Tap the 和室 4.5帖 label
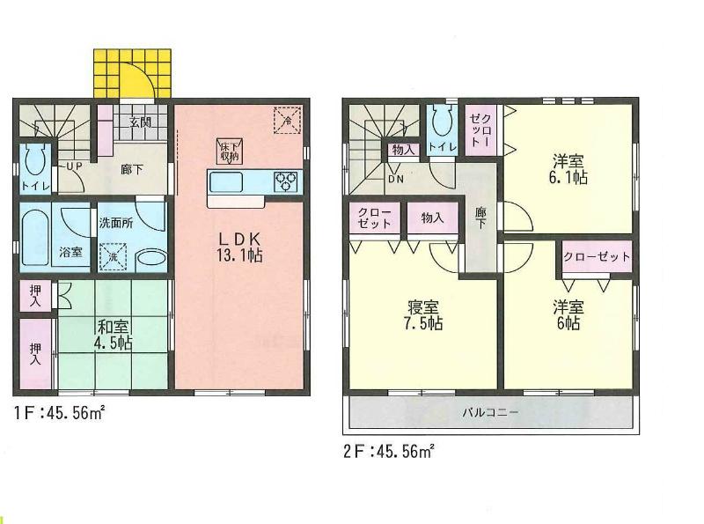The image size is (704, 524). (x=115, y=334)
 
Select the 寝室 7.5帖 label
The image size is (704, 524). (x=423, y=315)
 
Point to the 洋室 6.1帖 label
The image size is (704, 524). (x=570, y=169)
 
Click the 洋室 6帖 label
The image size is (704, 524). (x=567, y=315)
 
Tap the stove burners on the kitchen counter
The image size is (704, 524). (x=287, y=181)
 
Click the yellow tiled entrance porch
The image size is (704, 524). (x=132, y=74)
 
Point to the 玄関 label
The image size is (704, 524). (x=140, y=122)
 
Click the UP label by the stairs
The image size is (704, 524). (x=74, y=165)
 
